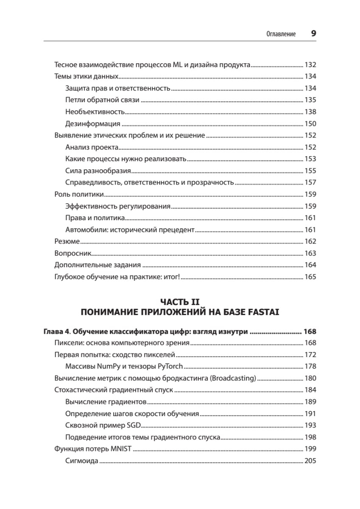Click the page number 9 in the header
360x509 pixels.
pos(313,34)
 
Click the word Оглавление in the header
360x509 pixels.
pos(281,34)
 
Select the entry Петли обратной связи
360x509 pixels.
pos(102,100)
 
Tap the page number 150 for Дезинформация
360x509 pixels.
pos(310,124)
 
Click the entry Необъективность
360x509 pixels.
pos(95,112)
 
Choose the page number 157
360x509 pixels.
pos(310,182)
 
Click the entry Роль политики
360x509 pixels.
pos(79,194)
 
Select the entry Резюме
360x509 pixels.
pos(67,241)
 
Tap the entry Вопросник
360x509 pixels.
pos(73,253)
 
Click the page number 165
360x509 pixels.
pos(310,277)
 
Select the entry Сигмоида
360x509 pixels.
pos(82,461)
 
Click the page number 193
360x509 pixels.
pos(310,425)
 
